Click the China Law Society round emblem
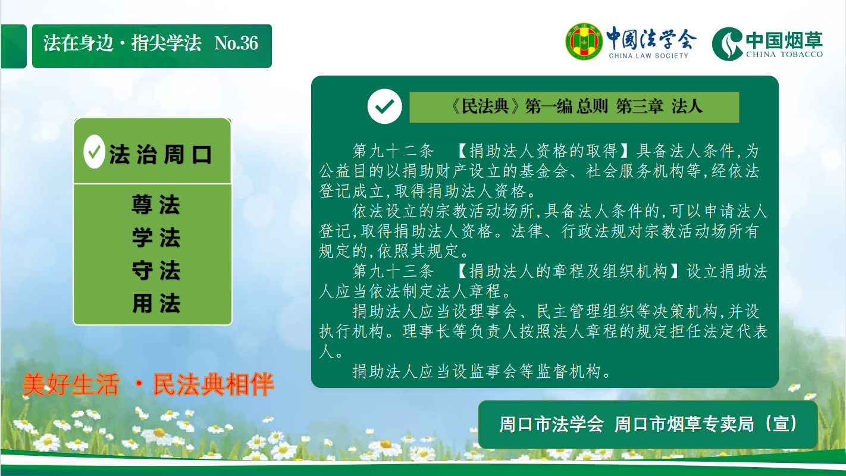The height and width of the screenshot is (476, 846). pos(584,42)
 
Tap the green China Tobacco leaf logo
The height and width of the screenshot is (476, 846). pos(727,44)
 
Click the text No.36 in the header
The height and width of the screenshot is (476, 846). pos(236,43)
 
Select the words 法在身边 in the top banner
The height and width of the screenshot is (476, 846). pos(78,43)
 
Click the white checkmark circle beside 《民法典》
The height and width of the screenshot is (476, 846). pos(384,106)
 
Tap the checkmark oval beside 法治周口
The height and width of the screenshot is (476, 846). pos(94,152)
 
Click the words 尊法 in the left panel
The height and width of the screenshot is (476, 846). pos(156,204)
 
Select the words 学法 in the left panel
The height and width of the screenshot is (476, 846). pos(156,237)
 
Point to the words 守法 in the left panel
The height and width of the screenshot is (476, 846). pos(156,270)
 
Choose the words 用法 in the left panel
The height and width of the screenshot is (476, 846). pos(156,303)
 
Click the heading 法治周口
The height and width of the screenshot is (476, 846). pos(160,154)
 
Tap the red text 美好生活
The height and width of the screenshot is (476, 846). pos(71,384)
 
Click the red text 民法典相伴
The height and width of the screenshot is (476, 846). pos(214,384)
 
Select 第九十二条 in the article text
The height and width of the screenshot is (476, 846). pos(393,151)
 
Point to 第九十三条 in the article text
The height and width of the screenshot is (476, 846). pos(393,271)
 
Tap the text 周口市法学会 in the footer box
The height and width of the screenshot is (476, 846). pos(552,424)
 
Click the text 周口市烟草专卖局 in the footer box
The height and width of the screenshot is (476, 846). pos(684,424)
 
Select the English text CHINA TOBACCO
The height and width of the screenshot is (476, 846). pos(784,54)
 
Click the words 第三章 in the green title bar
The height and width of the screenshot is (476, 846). pos(640,107)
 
